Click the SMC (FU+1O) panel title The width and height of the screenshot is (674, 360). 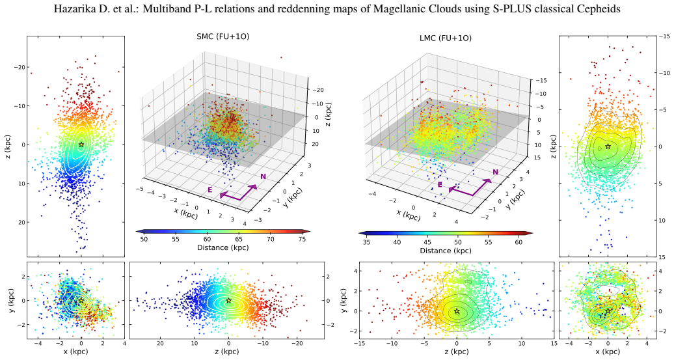pyautogui.click(x=222, y=36)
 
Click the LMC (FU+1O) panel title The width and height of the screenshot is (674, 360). pyautogui.click(x=445, y=38)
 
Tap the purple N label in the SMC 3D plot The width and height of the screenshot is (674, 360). pyautogui.click(x=263, y=177)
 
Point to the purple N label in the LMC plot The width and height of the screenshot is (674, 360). pyautogui.click(x=495, y=173)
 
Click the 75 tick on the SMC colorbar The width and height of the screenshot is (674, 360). pyautogui.click(x=303, y=239)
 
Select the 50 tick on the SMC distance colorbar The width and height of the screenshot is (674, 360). pyautogui.click(x=144, y=239)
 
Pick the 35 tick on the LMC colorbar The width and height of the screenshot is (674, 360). pyautogui.click(x=366, y=242)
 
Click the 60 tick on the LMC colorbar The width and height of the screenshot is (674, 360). pyautogui.click(x=519, y=242)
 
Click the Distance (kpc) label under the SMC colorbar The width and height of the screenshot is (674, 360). pyautogui.click(x=222, y=248)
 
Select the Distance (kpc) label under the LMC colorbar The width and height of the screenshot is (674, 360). pyautogui.click(x=445, y=251)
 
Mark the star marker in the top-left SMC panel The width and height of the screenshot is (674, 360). pyautogui.click(x=81, y=145)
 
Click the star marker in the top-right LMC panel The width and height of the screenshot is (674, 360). pyautogui.click(x=608, y=146)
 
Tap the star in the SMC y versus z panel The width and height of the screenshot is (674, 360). pyautogui.click(x=229, y=301)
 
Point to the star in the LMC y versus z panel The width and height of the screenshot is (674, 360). pyautogui.click(x=457, y=311)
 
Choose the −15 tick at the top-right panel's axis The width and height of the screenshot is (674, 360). pyautogui.click(x=664, y=36)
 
